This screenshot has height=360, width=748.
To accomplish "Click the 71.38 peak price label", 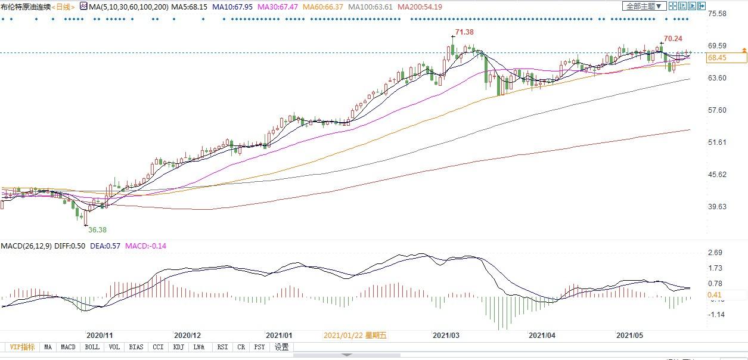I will tap(464, 32).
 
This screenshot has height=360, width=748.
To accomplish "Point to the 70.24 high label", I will tap(673, 38).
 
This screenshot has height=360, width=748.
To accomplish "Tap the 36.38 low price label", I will tap(98, 229).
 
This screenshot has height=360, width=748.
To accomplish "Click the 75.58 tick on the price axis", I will tap(716, 14).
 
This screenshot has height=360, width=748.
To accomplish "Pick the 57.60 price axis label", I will tap(716, 110).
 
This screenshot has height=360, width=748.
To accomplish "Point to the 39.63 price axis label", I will tap(716, 207).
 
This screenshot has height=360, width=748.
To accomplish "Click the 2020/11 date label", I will tap(100, 336).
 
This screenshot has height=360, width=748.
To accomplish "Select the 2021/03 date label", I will tap(445, 336).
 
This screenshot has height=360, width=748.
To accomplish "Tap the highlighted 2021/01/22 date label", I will tap(355, 336).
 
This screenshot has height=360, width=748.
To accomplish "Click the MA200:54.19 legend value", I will tap(420, 7).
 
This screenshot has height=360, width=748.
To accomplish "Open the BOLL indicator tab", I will tap(92, 347).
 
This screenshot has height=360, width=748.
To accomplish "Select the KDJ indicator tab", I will tap(178, 347).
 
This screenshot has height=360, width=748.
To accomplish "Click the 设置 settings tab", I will tap(281, 347).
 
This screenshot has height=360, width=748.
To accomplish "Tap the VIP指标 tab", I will tap(21, 347).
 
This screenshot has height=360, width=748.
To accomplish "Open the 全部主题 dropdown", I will tap(643, 7).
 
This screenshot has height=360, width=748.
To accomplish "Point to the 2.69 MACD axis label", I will tap(715, 253).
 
